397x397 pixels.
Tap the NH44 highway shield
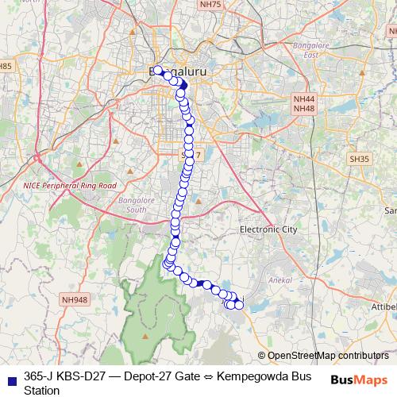point(304,98)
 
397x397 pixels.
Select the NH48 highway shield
point(304,108)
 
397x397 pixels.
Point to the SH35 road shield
point(359,159)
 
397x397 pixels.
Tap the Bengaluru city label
point(178,71)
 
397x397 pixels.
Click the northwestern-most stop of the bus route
point(157,69)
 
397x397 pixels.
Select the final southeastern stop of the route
point(238,305)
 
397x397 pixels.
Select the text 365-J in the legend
point(40,376)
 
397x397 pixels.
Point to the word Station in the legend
point(41,390)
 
